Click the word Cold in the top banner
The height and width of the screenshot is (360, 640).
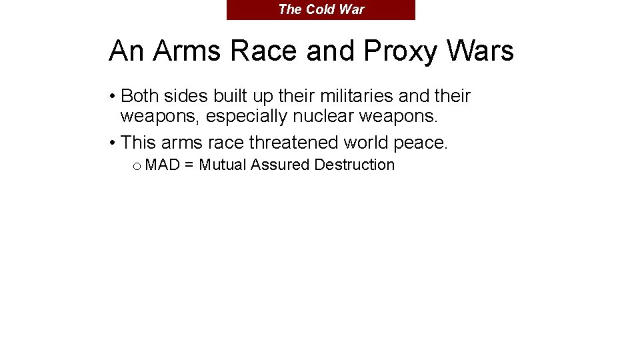point(319,9)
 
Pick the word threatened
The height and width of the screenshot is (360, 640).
point(293,143)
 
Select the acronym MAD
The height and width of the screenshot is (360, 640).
point(162,165)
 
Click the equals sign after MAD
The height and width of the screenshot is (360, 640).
point(189,165)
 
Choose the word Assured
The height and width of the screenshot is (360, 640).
point(279,165)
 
